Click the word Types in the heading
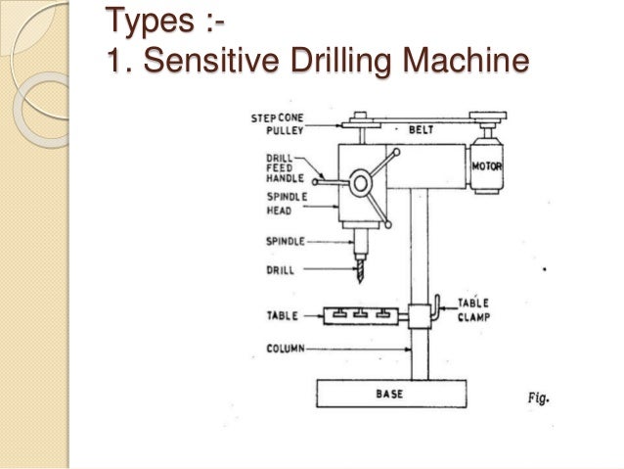pyautogui.click(x=148, y=19)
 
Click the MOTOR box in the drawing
pyautogui.click(x=486, y=167)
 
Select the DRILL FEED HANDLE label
pyautogui.click(x=282, y=169)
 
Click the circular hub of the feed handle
pyautogui.click(x=361, y=183)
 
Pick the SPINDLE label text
pyautogui.click(x=282, y=241)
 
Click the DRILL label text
pyautogui.click(x=279, y=267)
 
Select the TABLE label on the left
pyautogui.click(x=280, y=316)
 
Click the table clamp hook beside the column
pyautogui.click(x=439, y=304)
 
